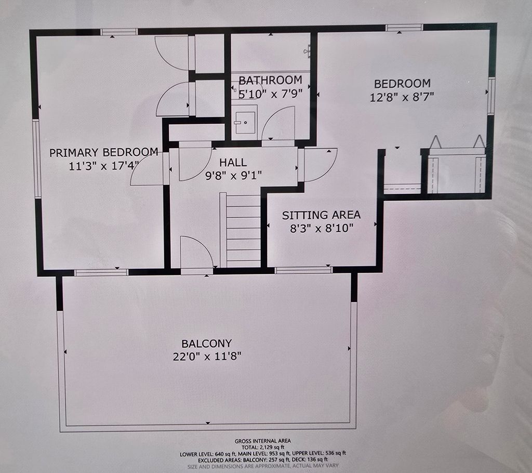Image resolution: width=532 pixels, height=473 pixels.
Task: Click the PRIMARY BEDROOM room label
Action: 104,152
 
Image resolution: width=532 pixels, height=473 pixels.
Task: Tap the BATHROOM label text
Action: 270,80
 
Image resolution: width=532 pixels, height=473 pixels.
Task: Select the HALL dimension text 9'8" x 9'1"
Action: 234,175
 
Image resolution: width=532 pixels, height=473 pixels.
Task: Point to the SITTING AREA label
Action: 321,215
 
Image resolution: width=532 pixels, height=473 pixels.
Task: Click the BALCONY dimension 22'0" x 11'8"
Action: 207,357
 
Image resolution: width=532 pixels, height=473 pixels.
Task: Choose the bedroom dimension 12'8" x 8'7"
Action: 402,97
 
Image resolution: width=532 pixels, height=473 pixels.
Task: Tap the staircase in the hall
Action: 240,230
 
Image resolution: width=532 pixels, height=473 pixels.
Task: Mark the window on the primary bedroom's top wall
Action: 119,32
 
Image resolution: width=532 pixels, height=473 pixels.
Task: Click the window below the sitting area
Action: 303,270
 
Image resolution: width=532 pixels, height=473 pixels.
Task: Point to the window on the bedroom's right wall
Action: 491,96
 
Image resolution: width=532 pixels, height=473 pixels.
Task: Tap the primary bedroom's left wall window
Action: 37,159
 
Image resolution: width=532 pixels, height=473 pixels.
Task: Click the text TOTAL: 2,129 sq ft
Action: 262,447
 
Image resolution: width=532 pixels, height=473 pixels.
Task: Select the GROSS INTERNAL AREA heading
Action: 262,441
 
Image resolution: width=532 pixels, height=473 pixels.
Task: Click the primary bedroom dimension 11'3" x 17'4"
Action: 104,166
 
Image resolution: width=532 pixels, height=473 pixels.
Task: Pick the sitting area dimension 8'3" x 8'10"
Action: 322,228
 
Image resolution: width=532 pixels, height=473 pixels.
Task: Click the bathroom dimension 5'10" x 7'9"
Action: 270,94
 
